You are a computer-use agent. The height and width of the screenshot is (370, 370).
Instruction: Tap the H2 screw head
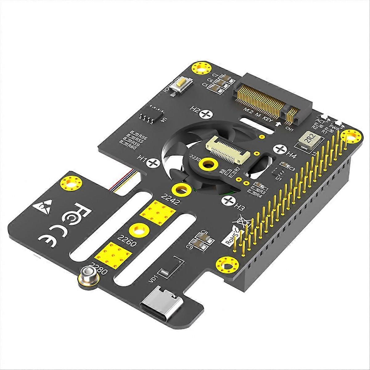(205, 115)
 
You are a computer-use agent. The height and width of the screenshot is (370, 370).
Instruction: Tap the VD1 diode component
(165, 273)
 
